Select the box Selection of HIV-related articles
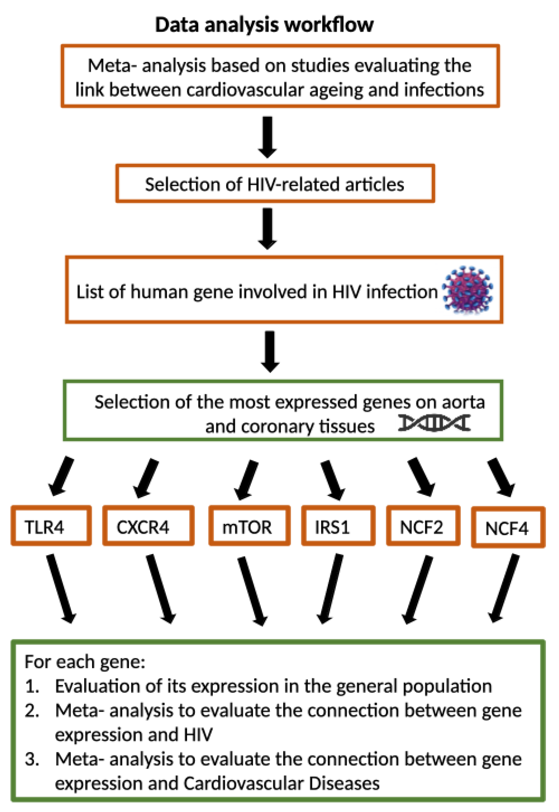275,184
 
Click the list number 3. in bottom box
32,759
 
